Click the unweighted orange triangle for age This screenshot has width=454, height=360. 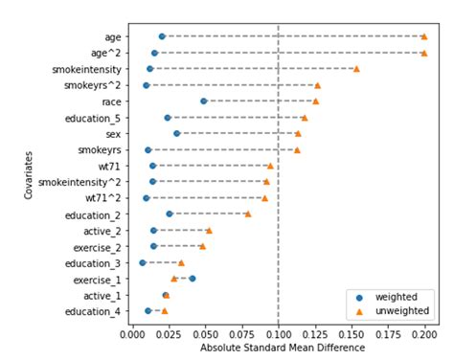pyautogui.click(x=424, y=36)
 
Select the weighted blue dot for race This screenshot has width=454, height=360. pyautogui.click(x=203, y=101)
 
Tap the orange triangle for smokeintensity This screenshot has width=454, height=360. pyautogui.click(x=356, y=69)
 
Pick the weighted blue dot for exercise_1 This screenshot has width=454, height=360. pyautogui.click(x=193, y=279)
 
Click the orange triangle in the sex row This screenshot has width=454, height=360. pyautogui.click(x=297, y=133)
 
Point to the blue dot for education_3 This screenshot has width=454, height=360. pyautogui.click(x=143, y=262)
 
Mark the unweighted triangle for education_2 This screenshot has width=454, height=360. pyautogui.click(x=247, y=214)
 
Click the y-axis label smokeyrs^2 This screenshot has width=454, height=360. pyautogui.click(x=94, y=85)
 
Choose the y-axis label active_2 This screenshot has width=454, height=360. pyautogui.click(x=101, y=231)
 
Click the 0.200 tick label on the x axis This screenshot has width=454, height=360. pyautogui.click(x=424, y=335)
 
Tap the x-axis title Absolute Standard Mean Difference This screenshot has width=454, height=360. pyautogui.click(x=278, y=349)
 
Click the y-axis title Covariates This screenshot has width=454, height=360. pyautogui.click(x=30, y=173)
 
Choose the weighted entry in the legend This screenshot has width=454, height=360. pyautogui.click(x=388, y=297)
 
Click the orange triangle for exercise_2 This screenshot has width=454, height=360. pyautogui.click(x=202, y=246)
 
